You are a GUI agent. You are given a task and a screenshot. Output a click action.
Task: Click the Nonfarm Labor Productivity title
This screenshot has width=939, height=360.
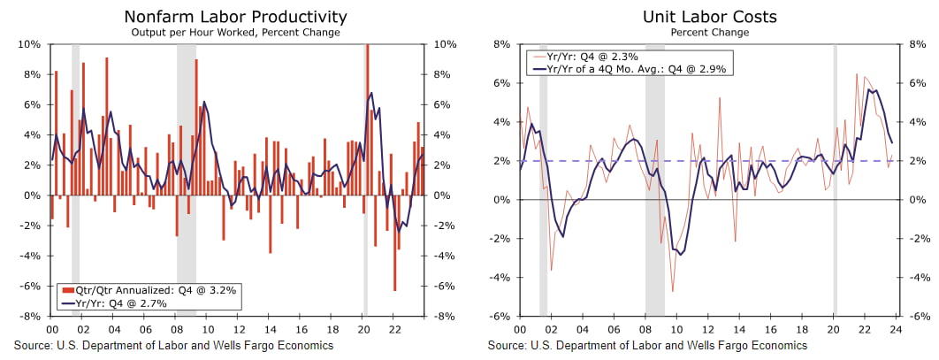[235, 17]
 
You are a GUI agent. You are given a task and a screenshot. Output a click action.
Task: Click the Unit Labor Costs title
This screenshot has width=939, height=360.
[709, 17]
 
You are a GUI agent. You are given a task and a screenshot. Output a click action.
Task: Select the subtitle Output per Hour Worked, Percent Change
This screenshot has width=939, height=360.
[235, 33]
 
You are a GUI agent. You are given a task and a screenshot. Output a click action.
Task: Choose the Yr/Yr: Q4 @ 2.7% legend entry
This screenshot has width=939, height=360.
[125, 303]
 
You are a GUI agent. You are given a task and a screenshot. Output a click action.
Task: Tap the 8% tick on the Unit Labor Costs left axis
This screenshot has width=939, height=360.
[502, 44]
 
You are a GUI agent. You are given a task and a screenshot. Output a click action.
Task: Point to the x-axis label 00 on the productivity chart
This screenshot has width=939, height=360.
[51, 329]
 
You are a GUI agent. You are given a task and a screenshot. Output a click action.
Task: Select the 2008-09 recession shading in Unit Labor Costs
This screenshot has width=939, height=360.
[654, 177]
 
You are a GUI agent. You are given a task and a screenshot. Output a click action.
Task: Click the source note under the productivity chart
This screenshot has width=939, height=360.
[173, 345]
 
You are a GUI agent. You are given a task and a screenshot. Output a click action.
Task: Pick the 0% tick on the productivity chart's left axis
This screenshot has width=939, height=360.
[32, 195]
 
